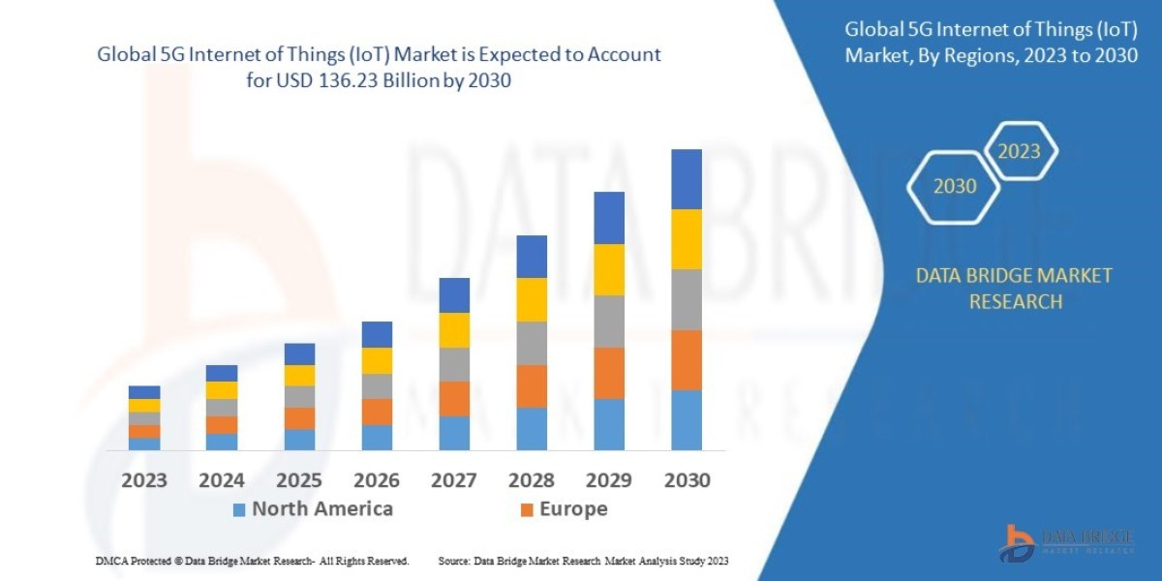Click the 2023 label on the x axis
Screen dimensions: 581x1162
144,480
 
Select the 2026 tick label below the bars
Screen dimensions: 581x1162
377,480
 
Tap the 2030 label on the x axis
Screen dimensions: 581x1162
687,480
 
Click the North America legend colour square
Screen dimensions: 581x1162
239,509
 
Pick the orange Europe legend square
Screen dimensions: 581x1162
527,509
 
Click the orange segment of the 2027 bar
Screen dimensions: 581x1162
454,399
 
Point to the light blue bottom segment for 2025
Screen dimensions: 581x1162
299,440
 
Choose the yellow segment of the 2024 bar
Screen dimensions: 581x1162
222,390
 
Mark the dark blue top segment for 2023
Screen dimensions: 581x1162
144,392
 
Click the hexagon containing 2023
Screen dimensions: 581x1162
1019,151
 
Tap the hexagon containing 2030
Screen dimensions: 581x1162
955,186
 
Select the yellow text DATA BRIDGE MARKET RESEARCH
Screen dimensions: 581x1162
1014,289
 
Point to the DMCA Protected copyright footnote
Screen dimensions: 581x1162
252,561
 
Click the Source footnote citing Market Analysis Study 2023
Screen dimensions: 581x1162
583,561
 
